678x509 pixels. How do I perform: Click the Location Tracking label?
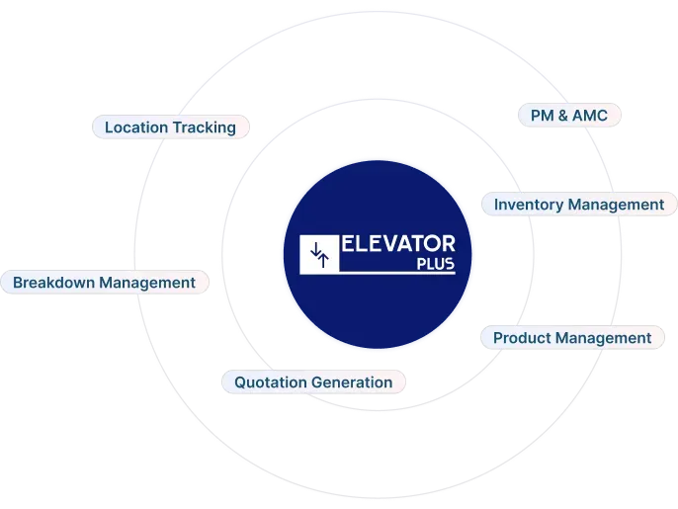(170, 127)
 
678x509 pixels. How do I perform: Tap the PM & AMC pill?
(569, 116)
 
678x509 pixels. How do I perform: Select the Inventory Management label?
(579, 205)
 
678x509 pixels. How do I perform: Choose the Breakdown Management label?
(104, 283)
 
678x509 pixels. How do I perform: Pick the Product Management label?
(572, 338)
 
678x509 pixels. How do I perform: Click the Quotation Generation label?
(313, 382)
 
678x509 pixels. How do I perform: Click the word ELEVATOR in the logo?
(399, 244)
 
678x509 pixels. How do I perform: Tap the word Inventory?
(530, 205)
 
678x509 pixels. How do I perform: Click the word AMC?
(589, 116)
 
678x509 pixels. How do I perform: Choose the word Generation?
(352, 382)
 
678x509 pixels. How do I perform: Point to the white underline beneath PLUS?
(397, 273)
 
